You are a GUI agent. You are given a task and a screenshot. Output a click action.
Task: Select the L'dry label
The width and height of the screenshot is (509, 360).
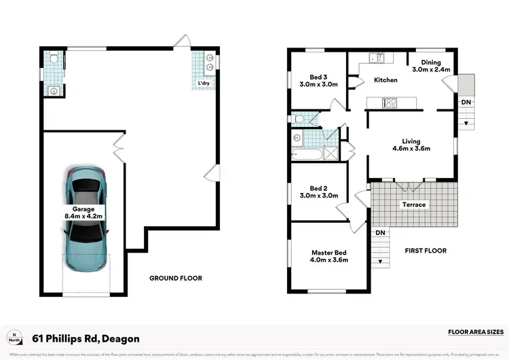[203, 84]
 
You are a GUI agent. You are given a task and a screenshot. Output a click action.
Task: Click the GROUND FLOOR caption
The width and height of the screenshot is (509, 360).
[175, 278]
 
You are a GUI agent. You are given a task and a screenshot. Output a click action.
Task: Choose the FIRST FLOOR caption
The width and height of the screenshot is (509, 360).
[426, 251]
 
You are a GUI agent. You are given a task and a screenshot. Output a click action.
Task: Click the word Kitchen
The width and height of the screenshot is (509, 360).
[385, 80]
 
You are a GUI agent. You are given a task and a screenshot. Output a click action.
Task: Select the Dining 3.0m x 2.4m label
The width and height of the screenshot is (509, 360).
[431, 66]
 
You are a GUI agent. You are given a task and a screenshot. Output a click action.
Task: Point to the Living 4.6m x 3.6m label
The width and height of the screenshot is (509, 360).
[412, 144]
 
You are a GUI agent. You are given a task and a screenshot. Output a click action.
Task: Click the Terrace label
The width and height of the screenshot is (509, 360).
[414, 204]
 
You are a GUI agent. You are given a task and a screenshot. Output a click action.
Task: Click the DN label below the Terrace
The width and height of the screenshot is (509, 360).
[381, 233]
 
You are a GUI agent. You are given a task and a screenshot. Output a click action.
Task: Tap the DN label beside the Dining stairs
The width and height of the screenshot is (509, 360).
[466, 102]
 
